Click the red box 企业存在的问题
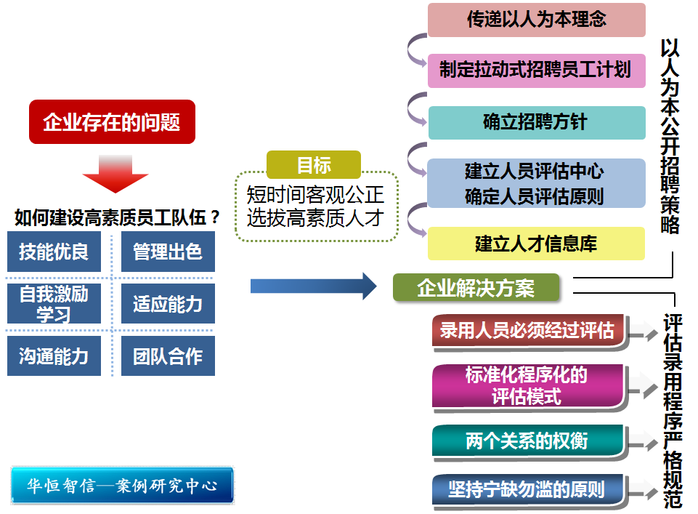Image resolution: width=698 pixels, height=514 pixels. [112, 121]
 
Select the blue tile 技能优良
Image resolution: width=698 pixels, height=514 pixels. [54, 252]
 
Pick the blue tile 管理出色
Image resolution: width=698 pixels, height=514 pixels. [168, 252]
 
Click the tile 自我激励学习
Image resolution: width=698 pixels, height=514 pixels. [54, 303]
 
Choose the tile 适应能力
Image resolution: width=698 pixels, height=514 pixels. [168, 303]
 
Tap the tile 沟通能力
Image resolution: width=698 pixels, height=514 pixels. [54, 356]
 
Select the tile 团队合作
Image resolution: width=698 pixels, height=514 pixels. [168, 356]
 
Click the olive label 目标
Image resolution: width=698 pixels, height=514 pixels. [314, 165]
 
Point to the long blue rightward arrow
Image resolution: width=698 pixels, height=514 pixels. [313, 286]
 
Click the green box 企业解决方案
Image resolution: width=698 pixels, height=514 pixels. [476, 288]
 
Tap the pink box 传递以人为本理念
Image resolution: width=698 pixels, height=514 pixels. [536, 20]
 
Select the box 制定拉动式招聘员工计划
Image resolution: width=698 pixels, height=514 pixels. [536, 71]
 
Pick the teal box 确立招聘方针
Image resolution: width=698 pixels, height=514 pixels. [536, 122]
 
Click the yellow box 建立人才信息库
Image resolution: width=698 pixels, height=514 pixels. [536, 244]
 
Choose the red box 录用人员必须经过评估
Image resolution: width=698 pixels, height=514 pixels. [527, 331]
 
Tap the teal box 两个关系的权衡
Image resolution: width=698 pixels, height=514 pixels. [527, 441]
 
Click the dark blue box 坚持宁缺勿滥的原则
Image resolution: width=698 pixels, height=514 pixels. [527, 489]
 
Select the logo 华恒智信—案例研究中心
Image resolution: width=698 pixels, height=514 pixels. [122, 485]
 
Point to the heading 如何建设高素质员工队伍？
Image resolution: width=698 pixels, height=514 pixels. [116, 217]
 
